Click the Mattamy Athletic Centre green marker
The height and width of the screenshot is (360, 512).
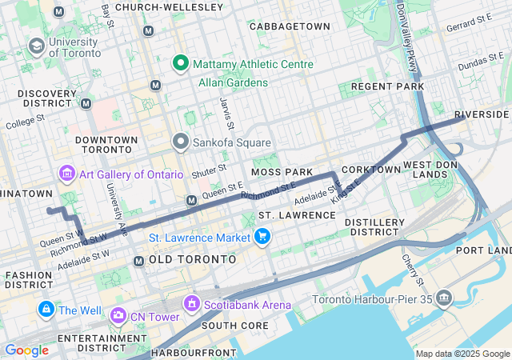point(182,64)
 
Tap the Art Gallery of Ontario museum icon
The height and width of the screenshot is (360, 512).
point(66,174)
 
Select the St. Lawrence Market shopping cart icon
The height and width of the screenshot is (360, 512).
point(262,236)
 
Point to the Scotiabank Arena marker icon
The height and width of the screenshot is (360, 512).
point(191,304)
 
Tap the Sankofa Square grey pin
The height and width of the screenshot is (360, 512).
point(180,142)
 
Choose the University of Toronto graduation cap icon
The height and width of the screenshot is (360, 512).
point(36,46)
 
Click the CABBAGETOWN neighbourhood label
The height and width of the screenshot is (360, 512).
point(290,26)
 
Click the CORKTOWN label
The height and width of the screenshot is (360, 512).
point(370,170)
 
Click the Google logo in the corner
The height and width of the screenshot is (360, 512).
point(27,350)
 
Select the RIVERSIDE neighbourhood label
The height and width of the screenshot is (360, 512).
point(482,114)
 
